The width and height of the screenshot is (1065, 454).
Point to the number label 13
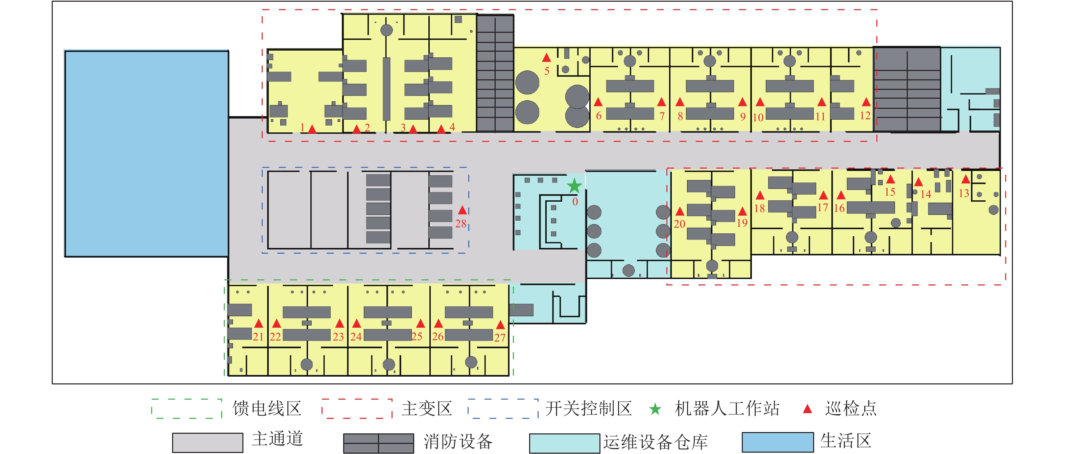pos(964,193)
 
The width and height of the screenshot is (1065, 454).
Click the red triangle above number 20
pos(680,212)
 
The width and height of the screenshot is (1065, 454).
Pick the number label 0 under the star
pos(575,202)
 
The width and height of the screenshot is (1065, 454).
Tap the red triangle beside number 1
pos(312,129)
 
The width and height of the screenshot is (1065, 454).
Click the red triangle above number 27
pos(500,325)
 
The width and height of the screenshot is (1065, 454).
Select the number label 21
pos(258,337)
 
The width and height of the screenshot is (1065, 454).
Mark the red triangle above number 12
pos(866,102)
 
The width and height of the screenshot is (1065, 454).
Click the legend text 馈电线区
pos(267,408)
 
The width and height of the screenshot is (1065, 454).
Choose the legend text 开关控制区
pos(588,408)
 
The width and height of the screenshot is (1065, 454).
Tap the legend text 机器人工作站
pos(727,408)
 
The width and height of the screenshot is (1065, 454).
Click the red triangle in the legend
pos(807,409)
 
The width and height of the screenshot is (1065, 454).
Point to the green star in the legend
pos(655,409)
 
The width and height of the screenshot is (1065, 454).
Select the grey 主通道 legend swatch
pos(208,443)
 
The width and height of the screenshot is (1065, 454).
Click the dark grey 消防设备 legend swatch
pos(378,443)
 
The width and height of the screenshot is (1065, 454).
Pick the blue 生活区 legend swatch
pos(777,443)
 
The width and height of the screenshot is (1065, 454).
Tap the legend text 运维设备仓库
pos(655,443)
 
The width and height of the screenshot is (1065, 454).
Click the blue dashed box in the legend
pos(503,408)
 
